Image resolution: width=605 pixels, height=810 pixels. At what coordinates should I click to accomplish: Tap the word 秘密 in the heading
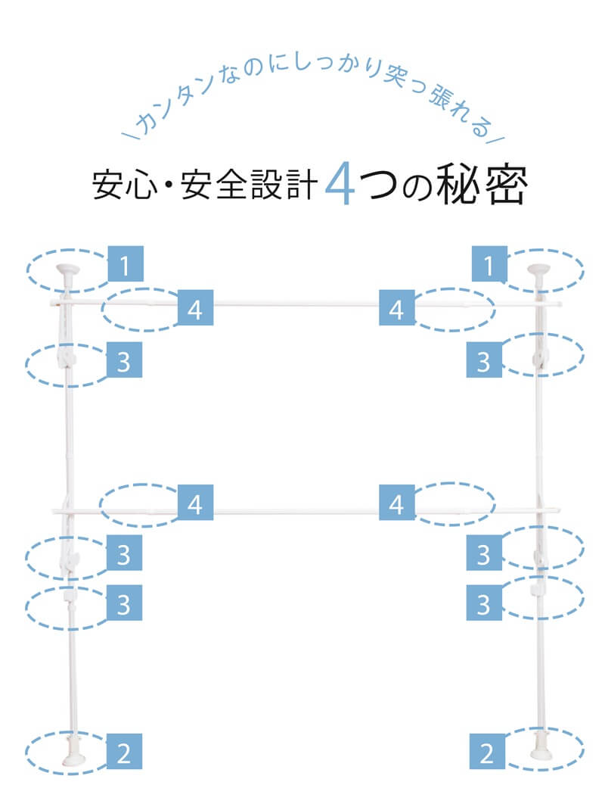pyautogui.click(x=481, y=184)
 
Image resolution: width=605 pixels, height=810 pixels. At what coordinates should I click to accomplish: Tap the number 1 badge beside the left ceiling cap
pyautogui.click(x=125, y=266)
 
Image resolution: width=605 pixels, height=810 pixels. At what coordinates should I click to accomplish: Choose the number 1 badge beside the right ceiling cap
pyautogui.click(x=491, y=266)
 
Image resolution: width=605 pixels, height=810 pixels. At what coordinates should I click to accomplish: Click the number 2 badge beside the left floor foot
pyautogui.click(x=125, y=752)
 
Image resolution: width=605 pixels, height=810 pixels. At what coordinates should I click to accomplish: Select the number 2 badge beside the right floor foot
pyautogui.click(x=488, y=752)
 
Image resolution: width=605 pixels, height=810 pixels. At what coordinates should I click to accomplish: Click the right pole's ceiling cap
pyautogui.click(x=541, y=269)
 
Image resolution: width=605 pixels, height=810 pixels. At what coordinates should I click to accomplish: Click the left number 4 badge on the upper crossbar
pyautogui.click(x=195, y=309)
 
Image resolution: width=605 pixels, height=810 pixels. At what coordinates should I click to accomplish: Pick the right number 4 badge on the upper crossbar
pyautogui.click(x=397, y=309)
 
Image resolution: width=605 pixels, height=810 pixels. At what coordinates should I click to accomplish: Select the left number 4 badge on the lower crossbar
pyautogui.click(x=195, y=503)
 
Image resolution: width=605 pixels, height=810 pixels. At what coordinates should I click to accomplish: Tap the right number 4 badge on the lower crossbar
pyautogui.click(x=397, y=503)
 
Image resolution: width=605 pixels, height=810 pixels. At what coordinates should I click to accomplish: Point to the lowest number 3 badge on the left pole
pyautogui.click(x=125, y=605)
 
